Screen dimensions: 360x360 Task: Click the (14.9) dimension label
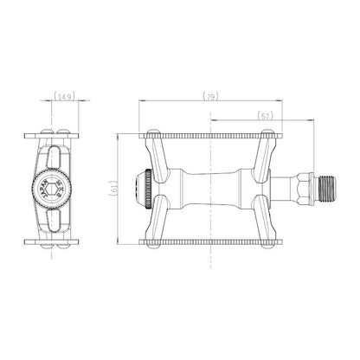click(64, 96)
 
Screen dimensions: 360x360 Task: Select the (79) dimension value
click(210, 96)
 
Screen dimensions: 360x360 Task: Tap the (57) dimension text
click(265, 116)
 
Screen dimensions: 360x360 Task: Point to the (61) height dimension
click(113, 189)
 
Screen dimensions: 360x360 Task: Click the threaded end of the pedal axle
click(325, 189)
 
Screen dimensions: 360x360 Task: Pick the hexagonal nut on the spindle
click(304, 189)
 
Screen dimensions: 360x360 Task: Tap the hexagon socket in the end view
click(52, 190)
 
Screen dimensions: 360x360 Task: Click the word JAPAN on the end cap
click(44, 190)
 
